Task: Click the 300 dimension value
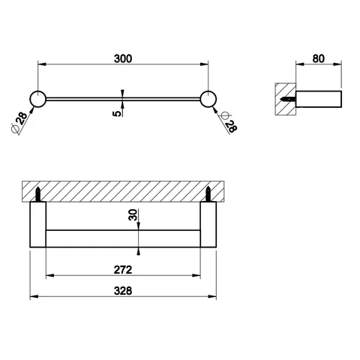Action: click(x=123, y=58)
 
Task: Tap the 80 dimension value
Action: click(x=319, y=58)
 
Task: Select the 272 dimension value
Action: click(x=123, y=270)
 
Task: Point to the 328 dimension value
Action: click(x=123, y=291)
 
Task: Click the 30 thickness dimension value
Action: click(x=133, y=214)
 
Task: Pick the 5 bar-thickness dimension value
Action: click(x=117, y=113)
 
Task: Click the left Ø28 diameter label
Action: click(x=19, y=121)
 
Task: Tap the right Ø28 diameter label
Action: click(x=227, y=121)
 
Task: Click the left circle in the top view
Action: click(x=37, y=99)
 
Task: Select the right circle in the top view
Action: click(x=208, y=99)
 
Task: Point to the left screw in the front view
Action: click(x=37, y=194)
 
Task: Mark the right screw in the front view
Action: click(x=208, y=194)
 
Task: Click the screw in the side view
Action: click(x=288, y=99)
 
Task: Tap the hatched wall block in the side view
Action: click(x=286, y=99)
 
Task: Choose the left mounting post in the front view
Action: click(x=37, y=224)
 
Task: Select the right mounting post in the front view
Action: click(x=208, y=224)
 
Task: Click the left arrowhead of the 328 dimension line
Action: click(x=34, y=296)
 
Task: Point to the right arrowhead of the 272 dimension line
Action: click(x=196, y=275)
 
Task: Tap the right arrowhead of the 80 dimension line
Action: click(x=337, y=64)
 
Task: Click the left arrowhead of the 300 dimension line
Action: click(x=42, y=64)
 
